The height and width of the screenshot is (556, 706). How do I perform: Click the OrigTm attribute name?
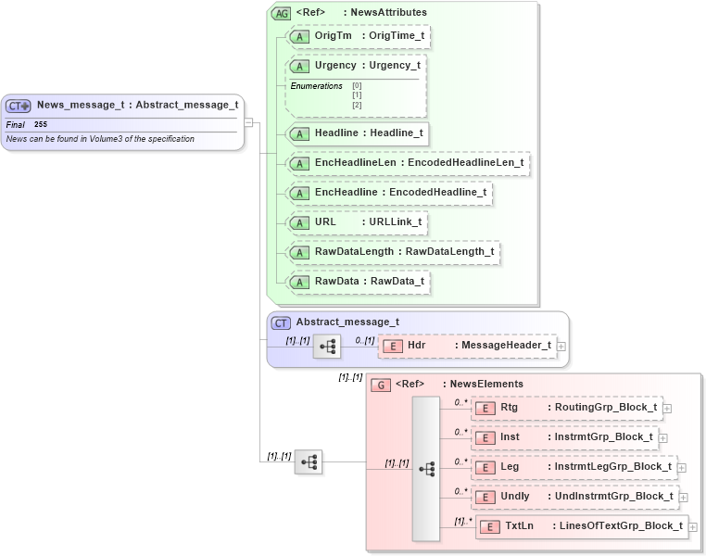point(333,35)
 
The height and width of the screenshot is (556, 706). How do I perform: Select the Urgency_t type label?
point(394,66)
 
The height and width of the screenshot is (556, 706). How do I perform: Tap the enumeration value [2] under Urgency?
point(357,105)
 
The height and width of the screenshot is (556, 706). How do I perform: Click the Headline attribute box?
point(358,133)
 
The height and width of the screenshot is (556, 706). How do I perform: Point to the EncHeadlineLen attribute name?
point(356,163)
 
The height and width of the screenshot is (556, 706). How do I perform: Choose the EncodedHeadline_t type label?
point(437,193)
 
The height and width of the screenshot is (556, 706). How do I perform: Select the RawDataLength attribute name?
point(355,252)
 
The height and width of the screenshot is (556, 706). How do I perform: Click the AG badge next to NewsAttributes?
point(280,13)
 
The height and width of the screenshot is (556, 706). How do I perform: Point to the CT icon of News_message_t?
point(19,106)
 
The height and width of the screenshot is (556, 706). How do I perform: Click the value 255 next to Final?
point(41,124)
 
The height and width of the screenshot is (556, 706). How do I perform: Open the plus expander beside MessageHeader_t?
point(561,347)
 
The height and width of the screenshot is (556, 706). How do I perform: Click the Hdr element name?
point(417,346)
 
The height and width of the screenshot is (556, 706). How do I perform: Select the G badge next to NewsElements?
point(380,385)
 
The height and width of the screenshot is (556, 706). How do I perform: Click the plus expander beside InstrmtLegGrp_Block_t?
point(682,467)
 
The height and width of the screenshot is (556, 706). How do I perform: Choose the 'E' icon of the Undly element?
point(485,497)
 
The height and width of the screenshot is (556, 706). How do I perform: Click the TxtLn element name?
point(519,526)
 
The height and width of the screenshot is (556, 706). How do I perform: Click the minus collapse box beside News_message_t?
point(248,121)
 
